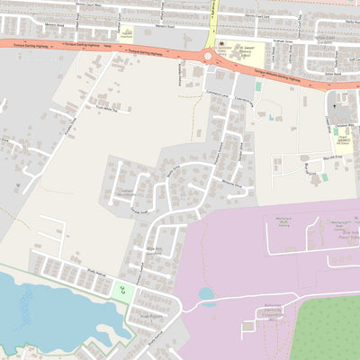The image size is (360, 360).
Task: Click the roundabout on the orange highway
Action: coord(209,57)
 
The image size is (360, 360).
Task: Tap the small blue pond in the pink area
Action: coord(206,293)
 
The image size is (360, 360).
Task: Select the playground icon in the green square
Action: coord(121,289)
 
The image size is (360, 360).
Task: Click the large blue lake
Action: coord(45,310)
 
